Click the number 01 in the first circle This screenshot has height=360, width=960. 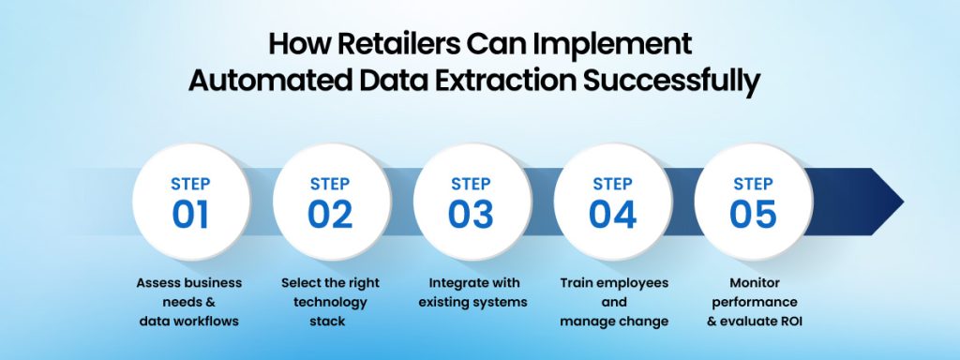tap(190, 214)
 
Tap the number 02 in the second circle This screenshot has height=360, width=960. tap(330, 214)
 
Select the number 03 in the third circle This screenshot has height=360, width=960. tap(471, 214)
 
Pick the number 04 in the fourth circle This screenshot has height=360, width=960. tap(612, 214)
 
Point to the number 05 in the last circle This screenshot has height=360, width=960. tap(753, 214)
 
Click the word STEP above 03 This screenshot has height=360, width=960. tap(471, 184)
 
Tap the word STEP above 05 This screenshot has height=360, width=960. tap(753, 184)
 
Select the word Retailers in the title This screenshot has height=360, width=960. tap(367, 44)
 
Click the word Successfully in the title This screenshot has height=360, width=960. tap(672, 81)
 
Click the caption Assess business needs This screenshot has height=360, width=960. tap(188, 283)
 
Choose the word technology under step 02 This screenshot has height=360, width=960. tap(329, 303)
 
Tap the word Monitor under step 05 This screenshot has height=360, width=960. tap(753, 283)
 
